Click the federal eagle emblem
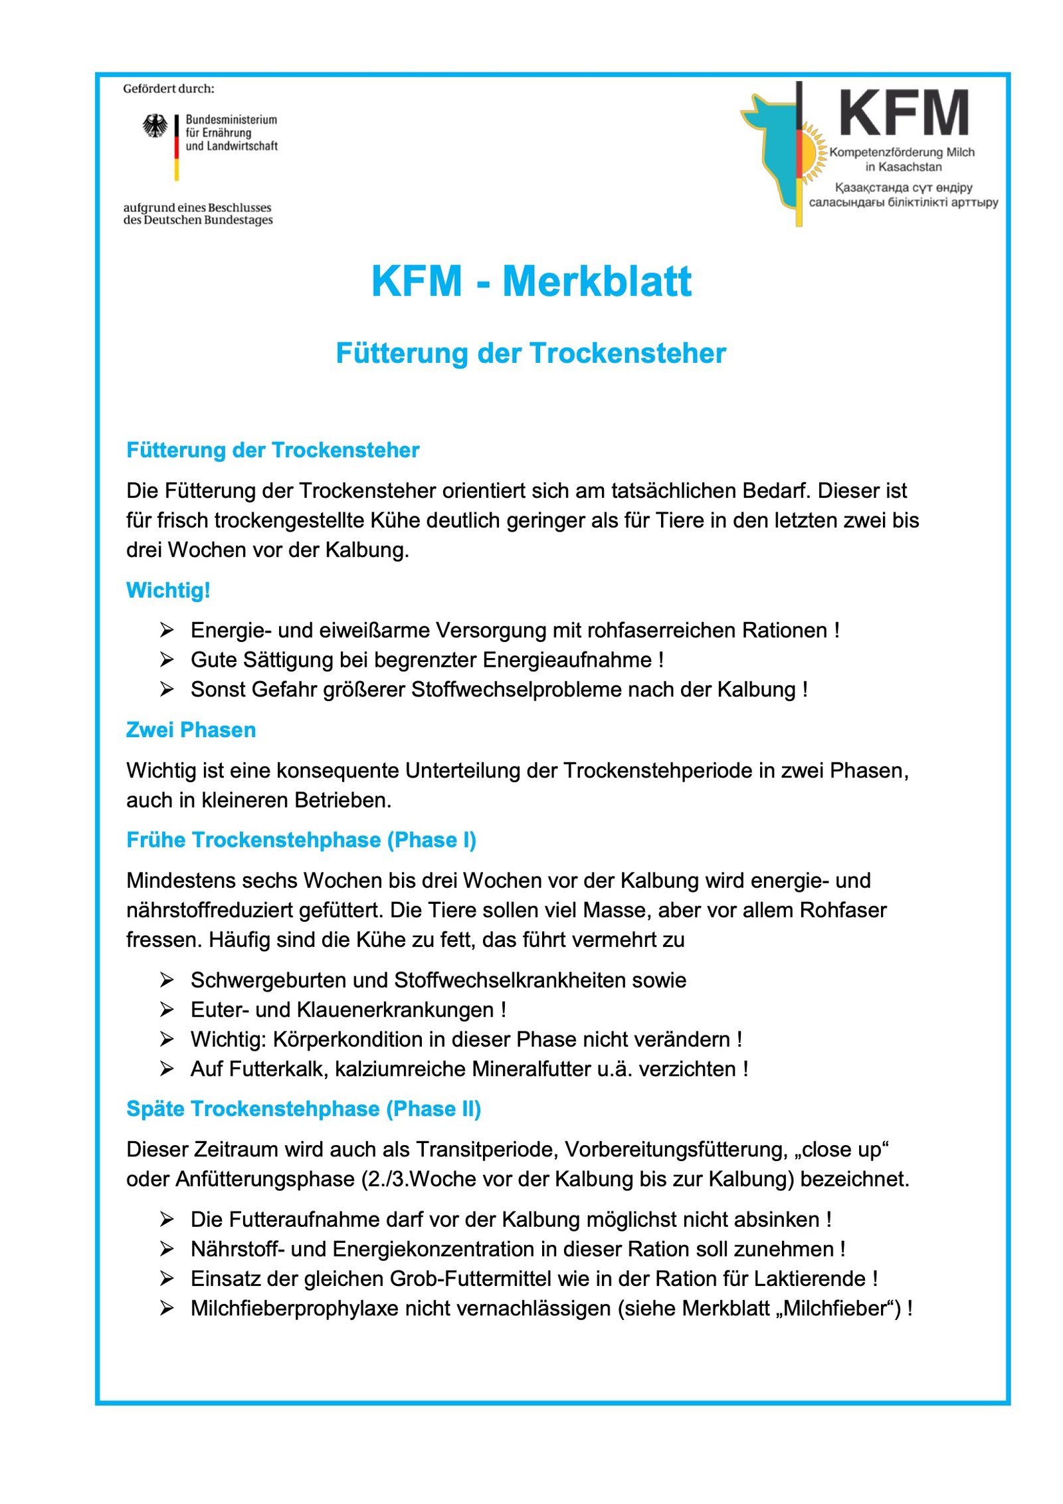tap(155, 126)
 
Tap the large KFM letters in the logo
tap(903, 114)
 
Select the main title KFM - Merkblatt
tap(531, 281)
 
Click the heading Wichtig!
tap(168, 590)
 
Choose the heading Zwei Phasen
tap(191, 730)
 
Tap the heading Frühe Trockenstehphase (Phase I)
tap(301, 840)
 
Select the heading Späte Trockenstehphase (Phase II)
tap(304, 1109)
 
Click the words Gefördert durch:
tap(169, 89)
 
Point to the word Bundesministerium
tap(231, 120)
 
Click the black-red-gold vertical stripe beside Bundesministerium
tap(177, 147)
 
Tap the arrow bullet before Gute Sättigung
tap(167, 659)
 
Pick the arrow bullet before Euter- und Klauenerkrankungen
tap(167, 1010)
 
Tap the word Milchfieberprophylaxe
tap(294, 1308)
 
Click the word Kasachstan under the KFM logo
tap(910, 167)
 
